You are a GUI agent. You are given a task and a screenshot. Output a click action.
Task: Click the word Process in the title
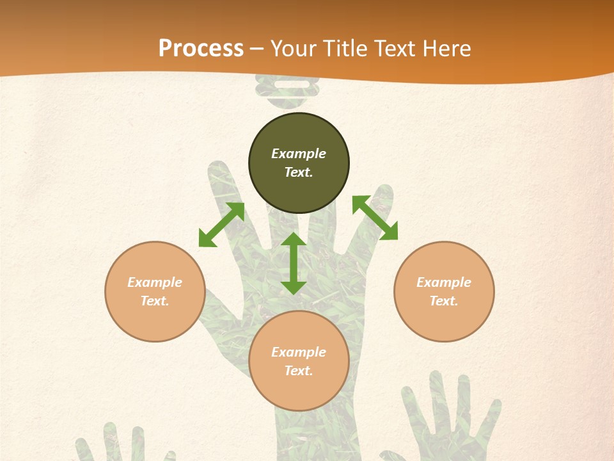pos(201,49)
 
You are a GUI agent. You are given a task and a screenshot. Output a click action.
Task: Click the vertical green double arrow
pos(294,263)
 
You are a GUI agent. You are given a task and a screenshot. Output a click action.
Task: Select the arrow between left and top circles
pos(221,225)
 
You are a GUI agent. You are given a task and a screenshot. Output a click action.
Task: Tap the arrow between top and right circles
pos(375,218)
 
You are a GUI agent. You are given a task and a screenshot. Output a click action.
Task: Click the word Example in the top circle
pos(299,154)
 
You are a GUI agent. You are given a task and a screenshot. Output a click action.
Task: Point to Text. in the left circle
pos(155,301)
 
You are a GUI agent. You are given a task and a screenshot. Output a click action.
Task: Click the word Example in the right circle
pos(444,282)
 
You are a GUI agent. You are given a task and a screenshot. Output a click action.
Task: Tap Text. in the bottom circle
pos(299,371)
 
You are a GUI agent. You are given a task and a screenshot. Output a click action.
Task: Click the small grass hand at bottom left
pos(122,445)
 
